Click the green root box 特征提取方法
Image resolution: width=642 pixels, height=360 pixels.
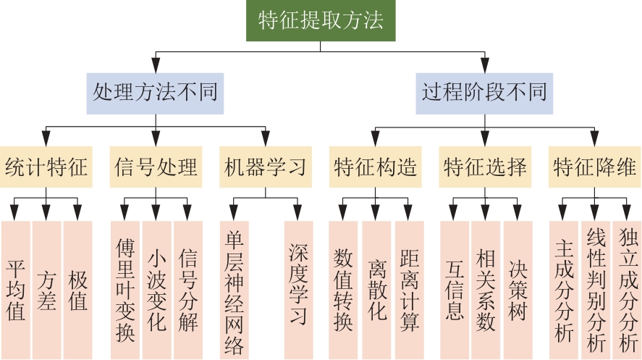click(321, 20)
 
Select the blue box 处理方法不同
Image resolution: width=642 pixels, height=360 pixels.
click(155, 93)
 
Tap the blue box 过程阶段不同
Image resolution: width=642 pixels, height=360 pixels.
click(484, 93)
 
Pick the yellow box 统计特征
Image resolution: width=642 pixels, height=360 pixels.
click(46, 166)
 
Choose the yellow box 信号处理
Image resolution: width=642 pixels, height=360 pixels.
click(156, 166)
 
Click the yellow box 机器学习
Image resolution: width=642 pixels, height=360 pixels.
click(266, 166)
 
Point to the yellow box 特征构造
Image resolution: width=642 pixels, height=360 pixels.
click(376, 166)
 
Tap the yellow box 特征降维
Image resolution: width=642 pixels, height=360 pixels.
click(595, 166)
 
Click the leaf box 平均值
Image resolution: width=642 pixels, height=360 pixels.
click(16, 290)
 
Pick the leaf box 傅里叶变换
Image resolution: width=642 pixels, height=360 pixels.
click(125, 290)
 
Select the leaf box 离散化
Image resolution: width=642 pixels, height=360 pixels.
click(376, 290)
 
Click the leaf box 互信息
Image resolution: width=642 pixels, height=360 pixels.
click(454, 290)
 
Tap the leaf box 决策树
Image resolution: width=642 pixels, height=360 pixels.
click(517, 290)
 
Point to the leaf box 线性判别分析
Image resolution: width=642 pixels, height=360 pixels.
click(595, 290)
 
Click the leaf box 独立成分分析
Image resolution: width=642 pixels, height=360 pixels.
click(627, 290)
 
